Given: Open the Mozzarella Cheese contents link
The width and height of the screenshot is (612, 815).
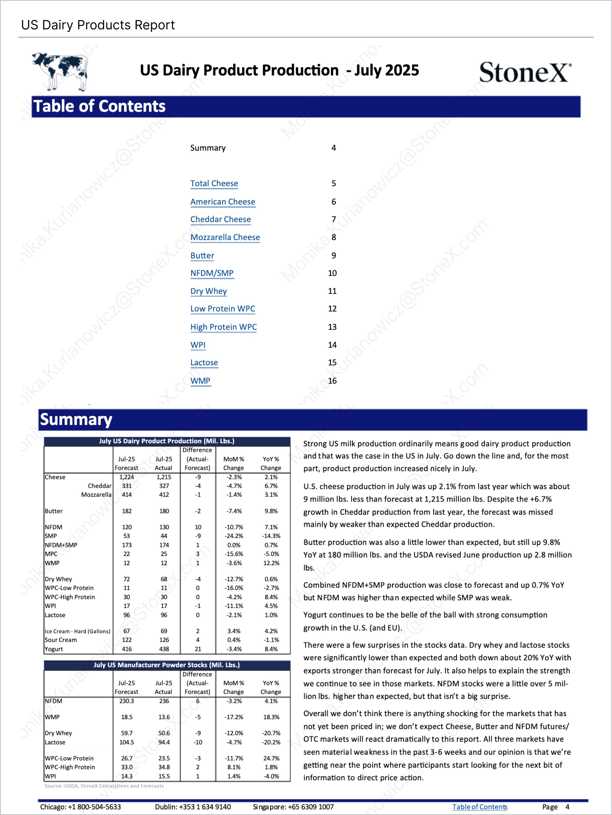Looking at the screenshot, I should pyautogui.click(x=225, y=237).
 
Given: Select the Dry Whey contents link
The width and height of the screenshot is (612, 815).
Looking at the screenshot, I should pyautogui.click(x=208, y=291).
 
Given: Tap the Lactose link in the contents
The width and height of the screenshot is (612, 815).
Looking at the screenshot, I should pyautogui.click(x=204, y=363).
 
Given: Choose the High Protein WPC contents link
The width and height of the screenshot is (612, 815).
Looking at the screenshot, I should pyautogui.click(x=223, y=327).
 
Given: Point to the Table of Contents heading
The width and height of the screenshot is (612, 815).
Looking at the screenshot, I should pyautogui.click(x=99, y=106).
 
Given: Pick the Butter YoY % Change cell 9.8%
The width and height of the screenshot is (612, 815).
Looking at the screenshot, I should pyautogui.click(x=271, y=511).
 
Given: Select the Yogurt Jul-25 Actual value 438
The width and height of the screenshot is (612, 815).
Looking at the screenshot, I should pyautogui.click(x=164, y=649).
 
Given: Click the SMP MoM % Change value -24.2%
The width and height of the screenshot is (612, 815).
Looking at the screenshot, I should pyautogui.click(x=234, y=536).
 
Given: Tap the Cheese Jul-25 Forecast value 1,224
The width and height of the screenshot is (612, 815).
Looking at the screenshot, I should pyautogui.click(x=127, y=477).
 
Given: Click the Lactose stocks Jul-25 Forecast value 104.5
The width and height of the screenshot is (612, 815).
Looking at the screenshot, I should pyautogui.click(x=127, y=742).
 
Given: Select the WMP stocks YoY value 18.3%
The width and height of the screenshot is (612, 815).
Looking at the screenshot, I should pyautogui.click(x=271, y=717).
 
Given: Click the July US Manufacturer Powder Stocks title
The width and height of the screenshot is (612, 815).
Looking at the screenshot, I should pyautogui.click(x=166, y=665).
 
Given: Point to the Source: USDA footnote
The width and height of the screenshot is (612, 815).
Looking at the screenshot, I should pyautogui.click(x=104, y=786).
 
